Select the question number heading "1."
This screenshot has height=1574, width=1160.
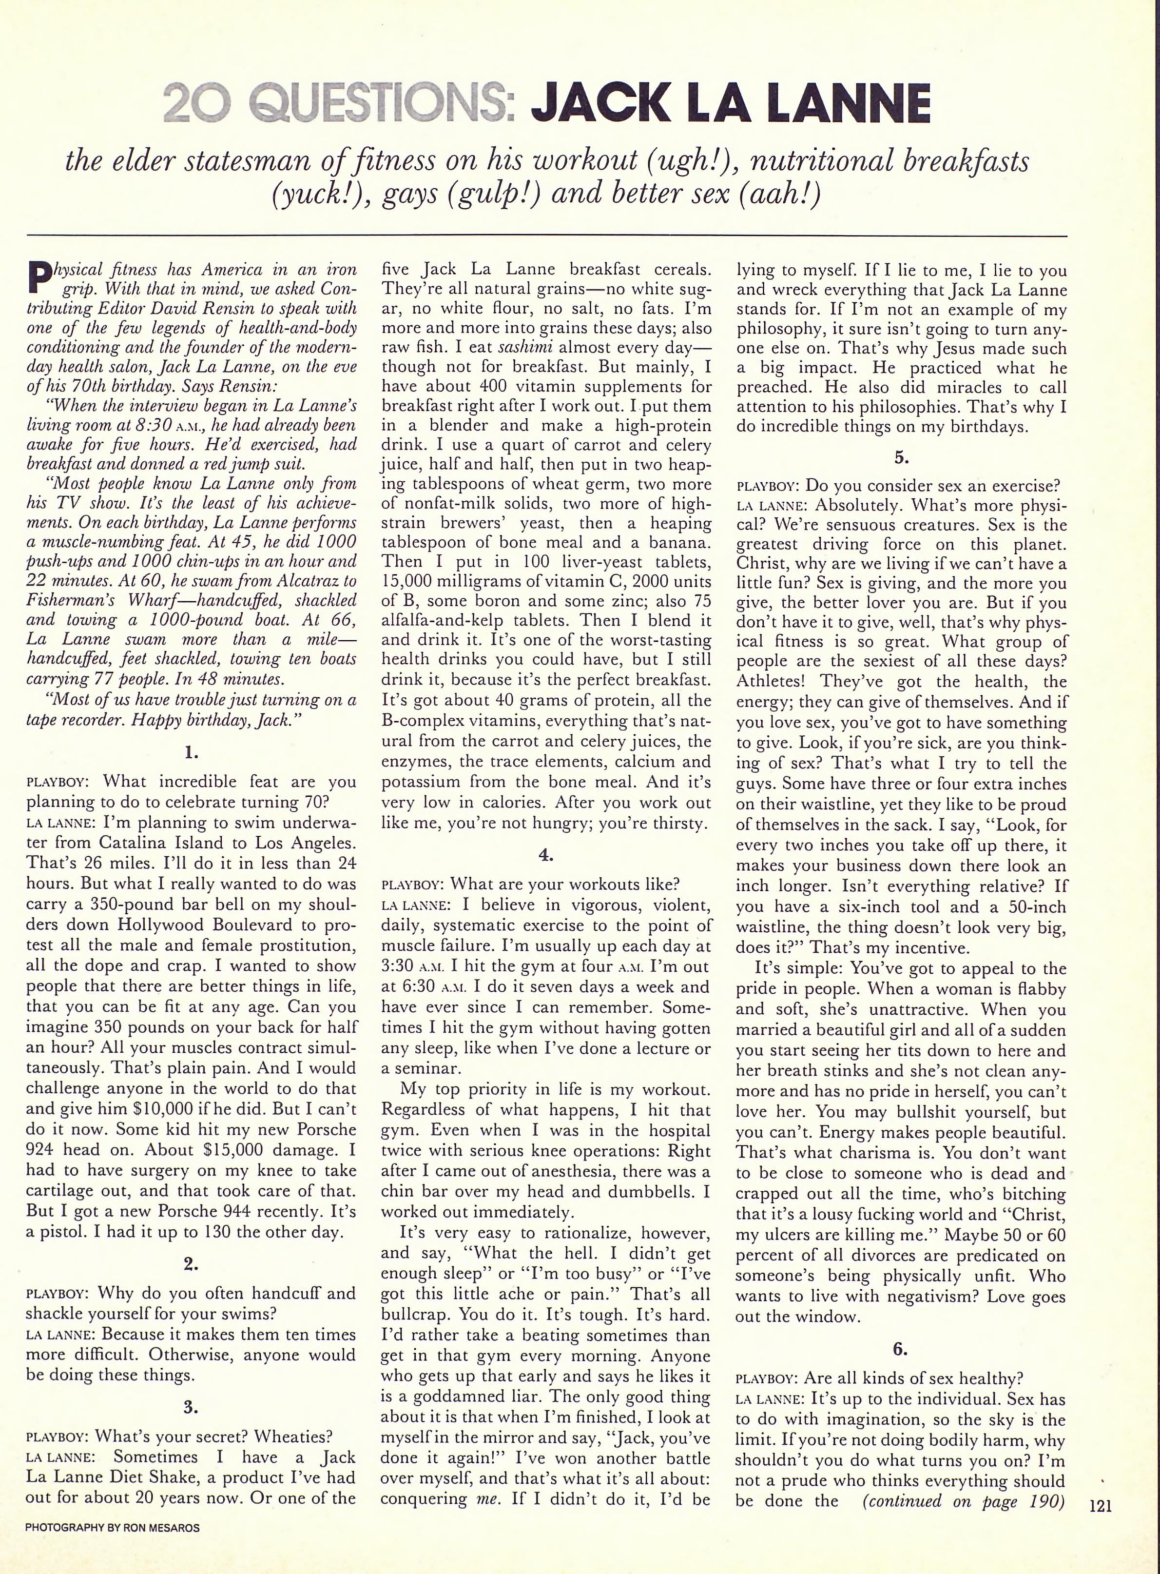click(191, 752)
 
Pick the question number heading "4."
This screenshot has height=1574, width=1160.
click(545, 855)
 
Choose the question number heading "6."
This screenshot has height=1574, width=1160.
click(901, 1349)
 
